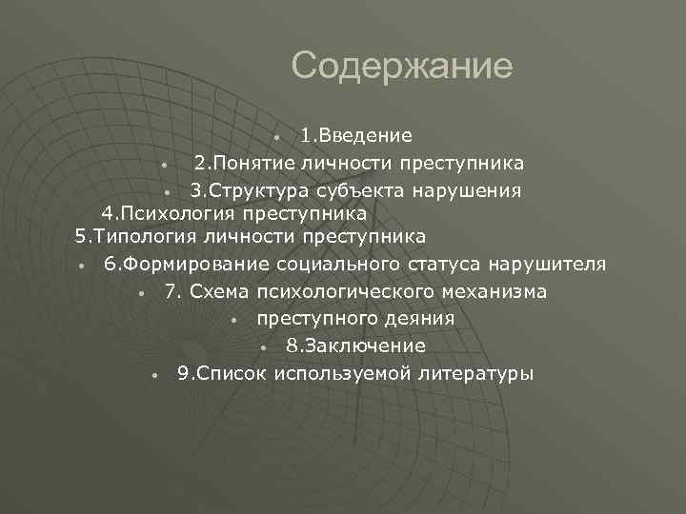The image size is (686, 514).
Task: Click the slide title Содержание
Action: point(401,66)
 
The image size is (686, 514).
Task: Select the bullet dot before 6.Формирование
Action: point(84,266)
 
